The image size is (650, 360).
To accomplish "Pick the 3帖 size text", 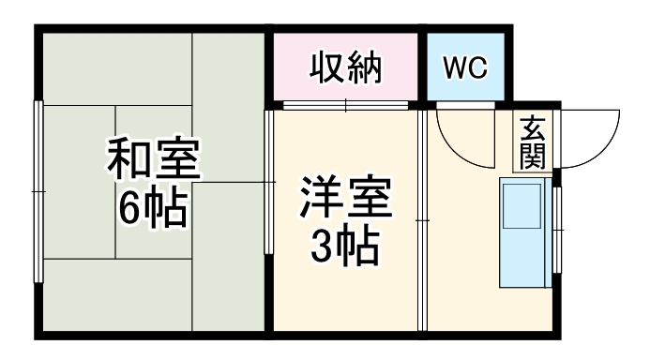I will (344, 247).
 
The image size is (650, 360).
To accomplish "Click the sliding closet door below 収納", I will (345, 105).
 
